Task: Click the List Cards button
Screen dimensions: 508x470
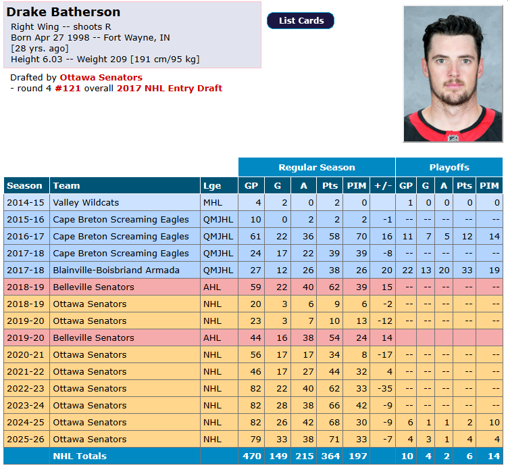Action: (x=301, y=21)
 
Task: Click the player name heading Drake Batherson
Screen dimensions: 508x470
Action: (x=63, y=12)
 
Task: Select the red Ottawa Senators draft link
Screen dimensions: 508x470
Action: (x=101, y=78)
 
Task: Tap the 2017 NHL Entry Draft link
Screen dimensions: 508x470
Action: (x=170, y=88)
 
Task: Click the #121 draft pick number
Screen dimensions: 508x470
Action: (x=68, y=88)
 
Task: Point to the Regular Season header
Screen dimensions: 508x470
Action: (x=317, y=167)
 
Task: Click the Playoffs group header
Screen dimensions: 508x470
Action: (x=449, y=167)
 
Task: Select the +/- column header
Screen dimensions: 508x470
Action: (x=383, y=186)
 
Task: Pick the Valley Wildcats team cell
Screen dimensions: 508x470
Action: (x=86, y=203)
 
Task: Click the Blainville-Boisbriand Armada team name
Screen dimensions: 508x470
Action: (x=116, y=271)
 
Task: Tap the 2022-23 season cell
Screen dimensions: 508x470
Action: (x=26, y=389)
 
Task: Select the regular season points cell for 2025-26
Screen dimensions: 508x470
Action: (x=330, y=439)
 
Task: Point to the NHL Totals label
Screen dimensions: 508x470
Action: (x=80, y=456)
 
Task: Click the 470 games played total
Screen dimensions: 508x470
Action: (x=252, y=456)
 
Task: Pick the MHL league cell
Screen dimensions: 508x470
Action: (x=213, y=203)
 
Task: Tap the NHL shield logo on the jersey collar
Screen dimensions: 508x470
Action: (x=453, y=137)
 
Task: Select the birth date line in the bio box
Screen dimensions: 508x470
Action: (x=91, y=38)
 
